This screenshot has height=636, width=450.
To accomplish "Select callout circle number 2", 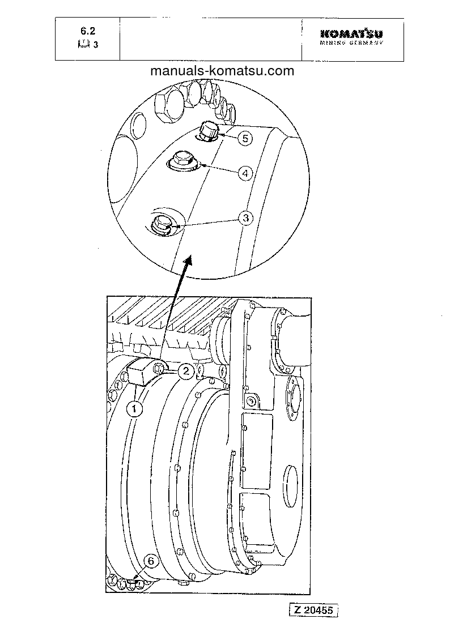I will (x=185, y=372).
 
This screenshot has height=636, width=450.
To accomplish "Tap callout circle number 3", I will (x=244, y=218).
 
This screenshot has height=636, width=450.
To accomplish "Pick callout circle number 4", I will (x=244, y=173).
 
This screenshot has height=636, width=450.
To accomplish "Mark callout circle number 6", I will (x=150, y=561).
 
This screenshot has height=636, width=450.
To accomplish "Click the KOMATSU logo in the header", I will (x=351, y=34).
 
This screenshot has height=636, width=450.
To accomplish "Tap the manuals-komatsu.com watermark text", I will (x=223, y=71).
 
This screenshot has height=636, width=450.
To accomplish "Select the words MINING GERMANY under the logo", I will (x=351, y=43).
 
